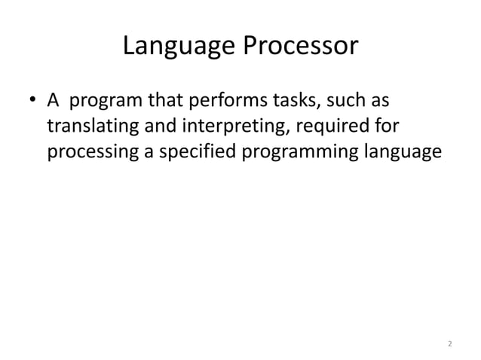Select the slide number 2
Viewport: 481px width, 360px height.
pos(449,344)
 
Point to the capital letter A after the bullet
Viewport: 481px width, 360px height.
pos(54,100)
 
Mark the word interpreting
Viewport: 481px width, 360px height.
pos(230,127)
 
